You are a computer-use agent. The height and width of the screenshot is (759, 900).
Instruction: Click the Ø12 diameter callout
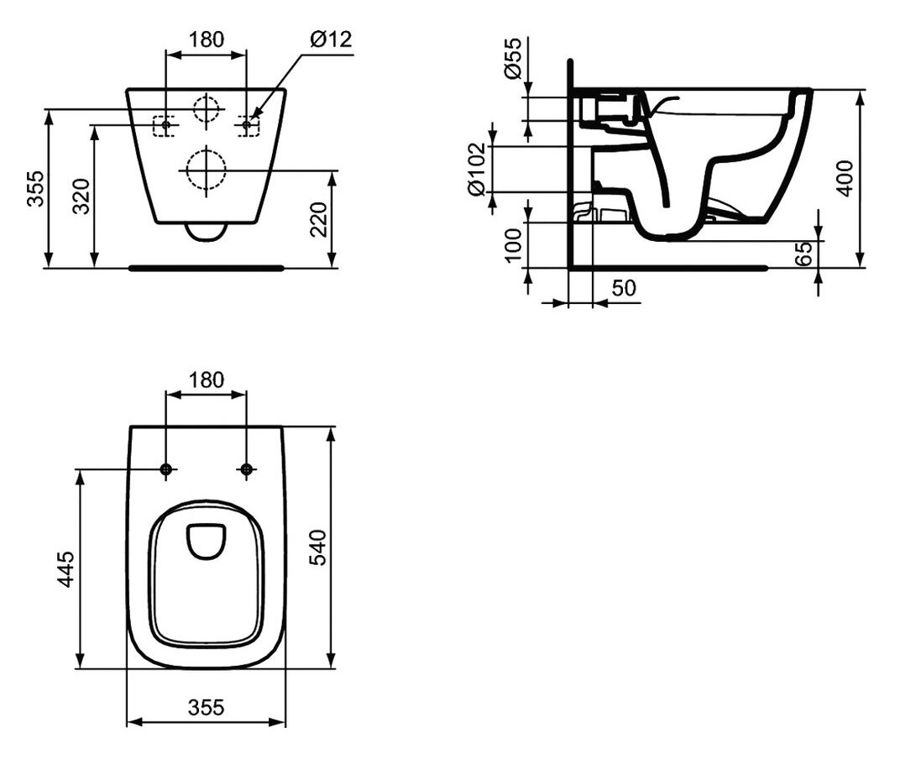[x=331, y=39]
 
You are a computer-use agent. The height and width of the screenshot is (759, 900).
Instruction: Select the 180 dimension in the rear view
[x=206, y=39]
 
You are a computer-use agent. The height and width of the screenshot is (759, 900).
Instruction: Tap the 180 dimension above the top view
[x=206, y=379]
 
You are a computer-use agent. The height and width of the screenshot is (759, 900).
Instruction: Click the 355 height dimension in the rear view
[x=35, y=188]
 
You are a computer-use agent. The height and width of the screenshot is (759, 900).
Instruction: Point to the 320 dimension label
[x=81, y=196]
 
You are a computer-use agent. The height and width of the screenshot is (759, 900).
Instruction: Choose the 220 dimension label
[x=318, y=219]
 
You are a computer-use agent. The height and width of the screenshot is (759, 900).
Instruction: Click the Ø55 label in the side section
[x=513, y=58]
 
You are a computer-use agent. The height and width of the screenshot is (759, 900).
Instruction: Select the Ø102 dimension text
[x=478, y=170]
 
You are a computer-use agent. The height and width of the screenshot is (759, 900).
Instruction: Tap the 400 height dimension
[x=845, y=179]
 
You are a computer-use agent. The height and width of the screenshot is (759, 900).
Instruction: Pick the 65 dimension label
[x=805, y=254]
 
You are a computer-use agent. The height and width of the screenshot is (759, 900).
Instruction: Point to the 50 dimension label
[x=624, y=287]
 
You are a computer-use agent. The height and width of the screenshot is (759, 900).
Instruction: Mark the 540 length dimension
[x=317, y=547]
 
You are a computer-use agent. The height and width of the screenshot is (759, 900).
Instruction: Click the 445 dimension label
[x=65, y=569]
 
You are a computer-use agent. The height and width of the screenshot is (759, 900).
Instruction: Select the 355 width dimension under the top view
[x=206, y=707]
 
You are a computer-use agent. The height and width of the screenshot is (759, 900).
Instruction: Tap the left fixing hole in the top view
[x=166, y=469]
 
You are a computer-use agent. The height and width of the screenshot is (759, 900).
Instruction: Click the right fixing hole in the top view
[x=247, y=469]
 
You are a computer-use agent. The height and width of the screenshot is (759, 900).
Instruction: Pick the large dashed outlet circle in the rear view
[x=206, y=170]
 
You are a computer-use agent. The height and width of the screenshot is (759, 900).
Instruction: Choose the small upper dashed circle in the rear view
[x=206, y=108]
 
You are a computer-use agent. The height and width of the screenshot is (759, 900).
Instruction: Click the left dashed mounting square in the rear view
[x=163, y=126]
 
